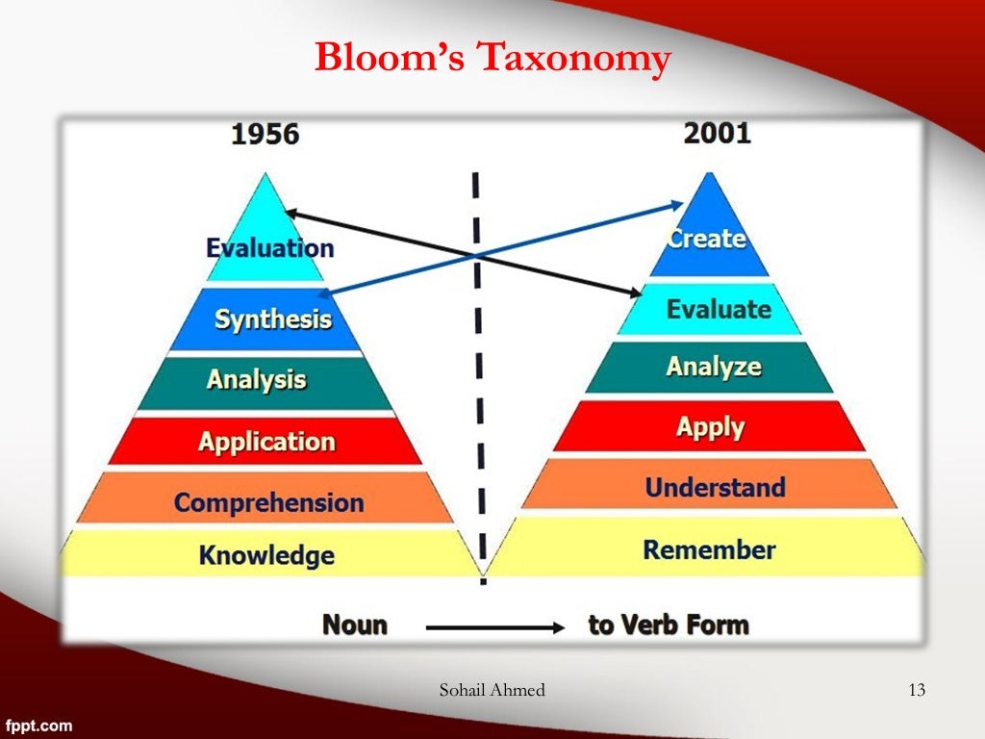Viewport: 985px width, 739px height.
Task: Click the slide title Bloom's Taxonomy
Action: tap(492, 60)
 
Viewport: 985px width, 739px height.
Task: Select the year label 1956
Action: tap(265, 135)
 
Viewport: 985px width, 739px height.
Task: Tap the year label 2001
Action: tap(717, 133)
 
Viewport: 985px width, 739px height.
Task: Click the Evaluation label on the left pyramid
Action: tap(269, 248)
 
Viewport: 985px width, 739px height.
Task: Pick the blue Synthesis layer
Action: tap(271, 319)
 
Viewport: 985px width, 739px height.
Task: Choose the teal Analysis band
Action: tap(257, 379)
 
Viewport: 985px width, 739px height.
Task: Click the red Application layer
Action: tap(266, 442)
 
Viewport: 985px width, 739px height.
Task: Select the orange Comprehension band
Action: tap(268, 502)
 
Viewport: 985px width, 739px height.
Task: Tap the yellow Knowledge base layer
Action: tap(266, 555)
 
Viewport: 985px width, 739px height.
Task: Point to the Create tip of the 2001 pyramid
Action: tap(708, 238)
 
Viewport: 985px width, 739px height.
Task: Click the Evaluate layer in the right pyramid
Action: tap(718, 310)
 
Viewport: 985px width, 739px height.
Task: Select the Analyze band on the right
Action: tap(713, 367)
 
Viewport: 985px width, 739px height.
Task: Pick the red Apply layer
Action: tap(710, 427)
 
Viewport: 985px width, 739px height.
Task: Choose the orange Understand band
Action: tap(714, 488)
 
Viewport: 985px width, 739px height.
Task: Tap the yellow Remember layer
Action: tap(709, 550)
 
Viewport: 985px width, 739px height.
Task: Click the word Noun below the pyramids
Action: tap(354, 625)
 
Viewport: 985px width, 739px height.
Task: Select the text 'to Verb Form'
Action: tap(668, 625)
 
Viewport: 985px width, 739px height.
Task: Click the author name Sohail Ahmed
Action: tap(492, 689)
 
